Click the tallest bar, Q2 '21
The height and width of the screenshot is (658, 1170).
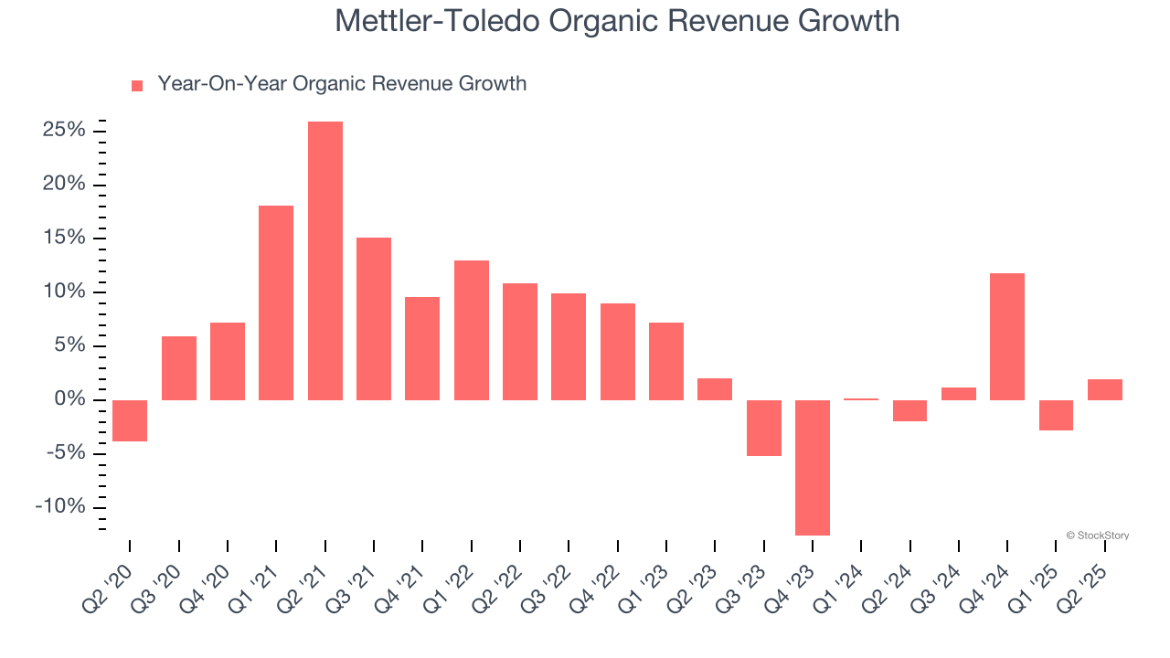[325, 260]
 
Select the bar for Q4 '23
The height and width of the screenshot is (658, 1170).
[813, 467]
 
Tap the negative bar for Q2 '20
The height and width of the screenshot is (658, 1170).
[130, 420]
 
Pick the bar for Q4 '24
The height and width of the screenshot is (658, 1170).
[1007, 336]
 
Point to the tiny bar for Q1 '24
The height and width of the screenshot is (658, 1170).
[861, 399]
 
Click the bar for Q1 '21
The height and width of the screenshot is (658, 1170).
[276, 302]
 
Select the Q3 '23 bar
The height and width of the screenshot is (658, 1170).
[764, 428]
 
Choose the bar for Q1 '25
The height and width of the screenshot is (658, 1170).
[1056, 415]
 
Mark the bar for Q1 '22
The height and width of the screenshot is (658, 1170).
[472, 330]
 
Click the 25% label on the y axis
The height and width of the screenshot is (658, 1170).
[64, 131]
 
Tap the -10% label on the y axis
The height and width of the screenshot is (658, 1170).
[60, 508]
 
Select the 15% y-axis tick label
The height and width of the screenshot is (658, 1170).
[64, 239]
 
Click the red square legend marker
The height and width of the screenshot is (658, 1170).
[137, 86]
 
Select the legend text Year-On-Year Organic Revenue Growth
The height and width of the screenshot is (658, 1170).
[342, 84]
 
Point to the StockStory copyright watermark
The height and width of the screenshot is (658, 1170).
[1097, 536]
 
